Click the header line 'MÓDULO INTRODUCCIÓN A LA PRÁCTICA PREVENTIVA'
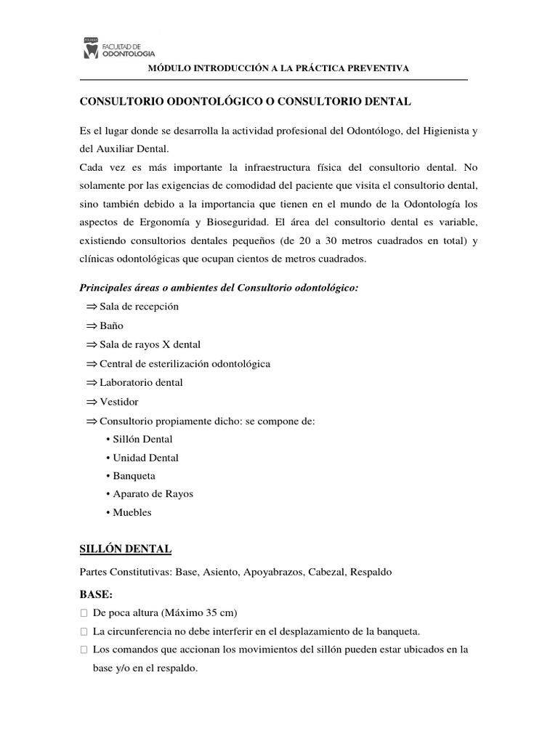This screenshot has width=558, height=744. tap(278, 68)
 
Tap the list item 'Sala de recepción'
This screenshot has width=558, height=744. tap(139, 307)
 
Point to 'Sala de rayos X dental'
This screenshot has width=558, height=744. tap(150, 344)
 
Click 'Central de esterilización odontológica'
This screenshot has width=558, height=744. tap(185, 363)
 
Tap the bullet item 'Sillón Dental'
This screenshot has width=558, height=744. tap(143, 439)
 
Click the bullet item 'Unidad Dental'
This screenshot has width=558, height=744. tap(145, 458)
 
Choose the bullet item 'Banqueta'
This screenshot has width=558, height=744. tap(134, 476)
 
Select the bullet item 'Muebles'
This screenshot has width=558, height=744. tap(132, 512)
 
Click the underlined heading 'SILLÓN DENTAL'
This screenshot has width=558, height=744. tap(125, 548)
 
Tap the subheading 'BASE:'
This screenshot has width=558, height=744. tap(95, 594)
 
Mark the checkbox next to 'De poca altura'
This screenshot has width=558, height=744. tap(84, 612)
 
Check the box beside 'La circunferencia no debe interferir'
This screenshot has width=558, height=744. tap(84, 631)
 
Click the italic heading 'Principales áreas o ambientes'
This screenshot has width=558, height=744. tap(218, 288)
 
